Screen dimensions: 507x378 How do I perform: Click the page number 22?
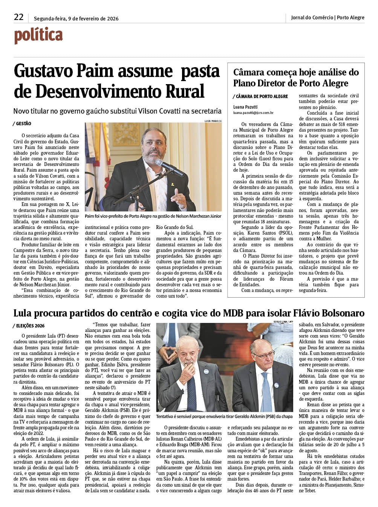click(18, 17)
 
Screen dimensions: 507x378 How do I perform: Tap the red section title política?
click(38, 36)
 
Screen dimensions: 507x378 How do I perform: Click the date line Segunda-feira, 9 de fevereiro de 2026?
click(76, 18)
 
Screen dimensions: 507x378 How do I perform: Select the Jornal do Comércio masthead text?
click(312, 17)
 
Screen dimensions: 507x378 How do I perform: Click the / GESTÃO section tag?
click(22, 124)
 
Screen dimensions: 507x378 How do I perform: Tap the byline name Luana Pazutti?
click(245, 107)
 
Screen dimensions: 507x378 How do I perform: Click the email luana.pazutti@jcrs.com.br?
click(253, 112)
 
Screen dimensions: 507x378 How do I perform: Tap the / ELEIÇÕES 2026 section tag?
click(28, 326)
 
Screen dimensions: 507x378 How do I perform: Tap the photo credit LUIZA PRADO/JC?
click(213, 121)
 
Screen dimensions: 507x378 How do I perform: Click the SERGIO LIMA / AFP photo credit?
click(283, 321)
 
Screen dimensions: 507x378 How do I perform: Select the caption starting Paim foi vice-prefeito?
click(153, 216)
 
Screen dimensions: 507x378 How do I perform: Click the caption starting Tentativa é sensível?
click(224, 416)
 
